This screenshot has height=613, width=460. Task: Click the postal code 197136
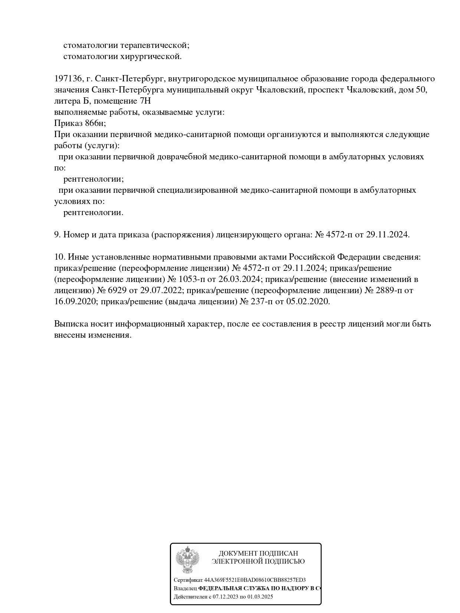click(68, 79)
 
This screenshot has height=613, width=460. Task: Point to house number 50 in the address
click(419, 90)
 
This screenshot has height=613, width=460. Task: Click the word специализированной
click(197, 190)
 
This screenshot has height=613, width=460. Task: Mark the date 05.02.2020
click(308, 301)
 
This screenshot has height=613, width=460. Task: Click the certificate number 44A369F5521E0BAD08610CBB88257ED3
click(255, 580)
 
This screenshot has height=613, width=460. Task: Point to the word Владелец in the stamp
click(185, 588)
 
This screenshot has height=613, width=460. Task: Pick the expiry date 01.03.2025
click(260, 597)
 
